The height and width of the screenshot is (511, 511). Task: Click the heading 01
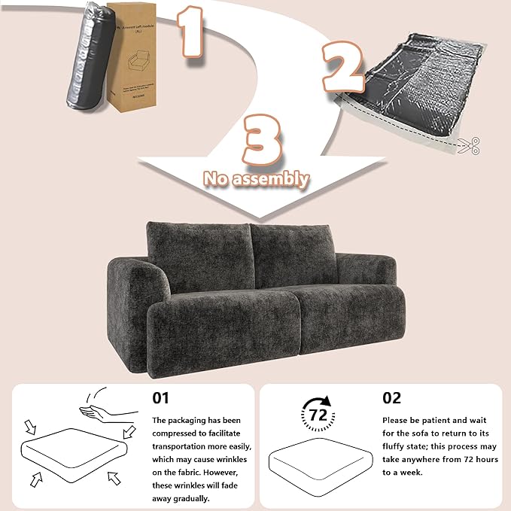pos(162,397)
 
